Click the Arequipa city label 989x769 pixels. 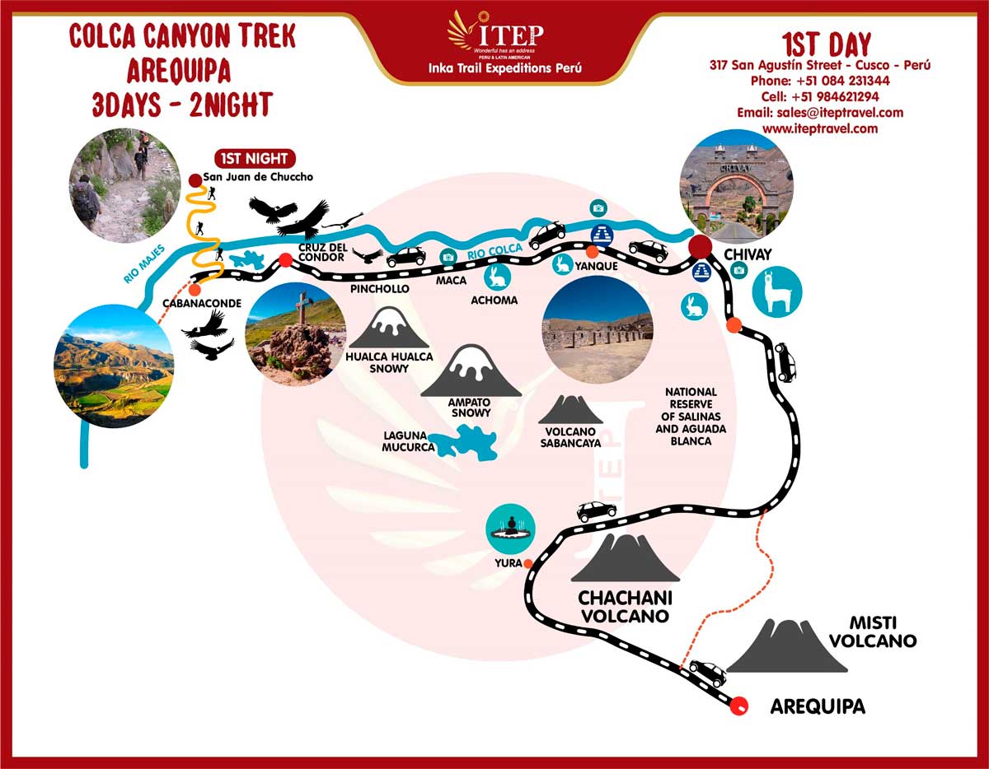(818, 706)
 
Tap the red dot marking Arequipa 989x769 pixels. (740, 704)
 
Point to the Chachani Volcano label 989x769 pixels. (624, 606)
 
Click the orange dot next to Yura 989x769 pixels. (527, 564)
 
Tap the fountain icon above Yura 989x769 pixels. (511, 528)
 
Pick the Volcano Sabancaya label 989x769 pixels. (570, 436)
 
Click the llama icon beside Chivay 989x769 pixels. (776, 291)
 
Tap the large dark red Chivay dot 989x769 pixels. (701, 246)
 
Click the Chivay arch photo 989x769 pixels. (737, 184)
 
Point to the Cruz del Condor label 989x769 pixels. (321, 251)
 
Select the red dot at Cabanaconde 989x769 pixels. (195, 289)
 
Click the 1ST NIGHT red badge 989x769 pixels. (255, 158)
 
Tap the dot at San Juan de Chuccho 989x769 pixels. (195, 179)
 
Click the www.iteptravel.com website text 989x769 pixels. (820, 128)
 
